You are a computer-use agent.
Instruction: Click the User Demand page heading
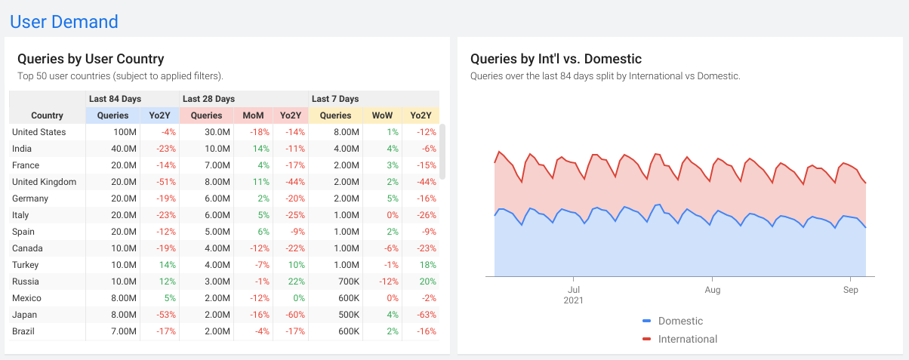coord(64,22)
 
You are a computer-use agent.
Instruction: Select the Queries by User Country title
coord(91,59)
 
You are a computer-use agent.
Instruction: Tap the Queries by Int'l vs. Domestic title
coord(556,59)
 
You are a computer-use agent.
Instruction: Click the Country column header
coord(47,115)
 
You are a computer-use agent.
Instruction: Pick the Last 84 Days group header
coord(115,99)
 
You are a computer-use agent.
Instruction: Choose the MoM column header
coord(253,115)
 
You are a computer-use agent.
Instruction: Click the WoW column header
coord(383,115)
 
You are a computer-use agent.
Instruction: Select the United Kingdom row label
coord(44,182)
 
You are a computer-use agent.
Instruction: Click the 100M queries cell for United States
coord(125,132)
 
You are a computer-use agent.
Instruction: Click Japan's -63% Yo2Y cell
coord(427,315)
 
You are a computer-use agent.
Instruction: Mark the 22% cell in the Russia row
coord(295,282)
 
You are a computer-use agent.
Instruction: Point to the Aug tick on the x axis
coord(712,289)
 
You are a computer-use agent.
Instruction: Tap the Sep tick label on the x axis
coord(850,289)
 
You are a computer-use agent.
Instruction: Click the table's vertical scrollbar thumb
coord(442,152)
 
